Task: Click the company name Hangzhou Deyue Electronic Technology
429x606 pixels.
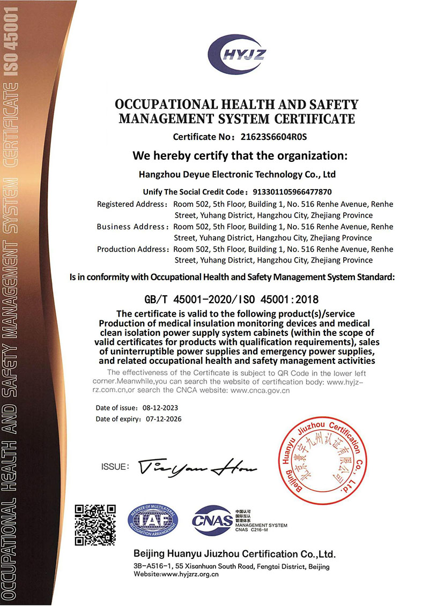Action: coord(237,174)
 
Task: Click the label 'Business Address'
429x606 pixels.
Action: coord(131,227)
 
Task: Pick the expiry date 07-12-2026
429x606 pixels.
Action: coord(164,419)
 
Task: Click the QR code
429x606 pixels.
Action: coord(95,524)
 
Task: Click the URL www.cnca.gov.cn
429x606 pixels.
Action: coord(260,391)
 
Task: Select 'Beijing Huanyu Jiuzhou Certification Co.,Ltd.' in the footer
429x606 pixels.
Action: coord(234,554)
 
